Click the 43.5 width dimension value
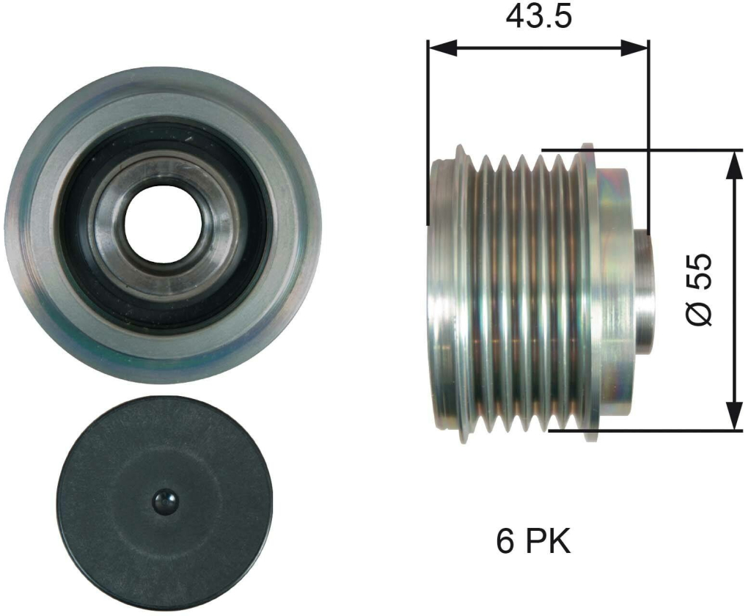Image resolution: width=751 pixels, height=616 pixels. (539, 18)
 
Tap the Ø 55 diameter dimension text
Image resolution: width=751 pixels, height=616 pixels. (699, 290)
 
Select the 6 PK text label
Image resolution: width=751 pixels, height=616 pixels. (534, 542)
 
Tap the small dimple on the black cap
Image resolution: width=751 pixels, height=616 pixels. (165, 502)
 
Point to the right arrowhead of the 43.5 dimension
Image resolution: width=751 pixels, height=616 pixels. (634, 47)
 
